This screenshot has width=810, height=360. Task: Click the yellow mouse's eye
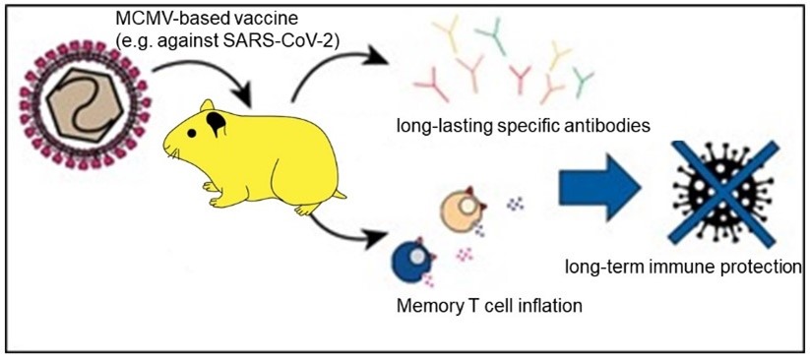(x=192, y=133)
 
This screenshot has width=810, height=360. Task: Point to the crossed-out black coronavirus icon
(x=721, y=192)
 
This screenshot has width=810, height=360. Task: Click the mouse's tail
(x=339, y=194)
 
